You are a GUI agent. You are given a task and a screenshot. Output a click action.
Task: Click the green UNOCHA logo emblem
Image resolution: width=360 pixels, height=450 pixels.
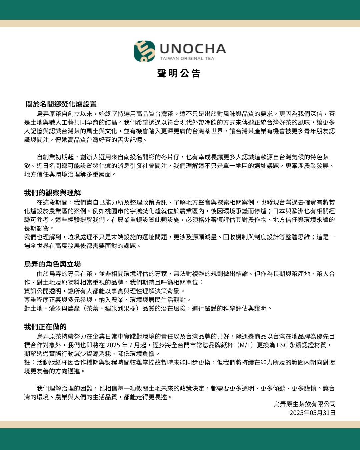click(144, 51)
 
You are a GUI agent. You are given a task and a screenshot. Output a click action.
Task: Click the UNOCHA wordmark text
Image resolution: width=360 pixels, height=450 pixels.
click(193, 49)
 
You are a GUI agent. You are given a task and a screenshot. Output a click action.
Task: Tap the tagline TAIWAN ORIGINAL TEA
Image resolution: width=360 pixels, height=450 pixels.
click(187, 59)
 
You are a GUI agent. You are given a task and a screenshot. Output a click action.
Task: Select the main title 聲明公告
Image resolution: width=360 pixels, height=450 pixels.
click(179, 73)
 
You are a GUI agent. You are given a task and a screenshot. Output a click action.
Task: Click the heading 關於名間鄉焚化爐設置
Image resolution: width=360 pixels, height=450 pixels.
click(61, 104)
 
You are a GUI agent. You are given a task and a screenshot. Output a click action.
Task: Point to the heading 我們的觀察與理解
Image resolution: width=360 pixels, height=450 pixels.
click(52, 193)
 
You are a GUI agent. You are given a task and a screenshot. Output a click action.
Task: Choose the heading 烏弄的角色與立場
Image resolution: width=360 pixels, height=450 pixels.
click(52, 264)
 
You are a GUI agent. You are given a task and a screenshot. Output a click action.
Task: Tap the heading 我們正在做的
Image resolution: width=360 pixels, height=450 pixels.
click(45, 327)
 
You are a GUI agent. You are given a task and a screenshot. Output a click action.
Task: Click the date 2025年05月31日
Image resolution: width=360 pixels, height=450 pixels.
click(312, 413)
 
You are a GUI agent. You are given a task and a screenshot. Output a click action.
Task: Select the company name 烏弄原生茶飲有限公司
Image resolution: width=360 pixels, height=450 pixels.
click(305, 404)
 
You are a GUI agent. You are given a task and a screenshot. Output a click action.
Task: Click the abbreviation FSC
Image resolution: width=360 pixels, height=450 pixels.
click(282, 345)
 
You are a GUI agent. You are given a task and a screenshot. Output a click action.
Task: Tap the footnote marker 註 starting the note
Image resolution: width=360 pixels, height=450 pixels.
click(27, 362)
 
